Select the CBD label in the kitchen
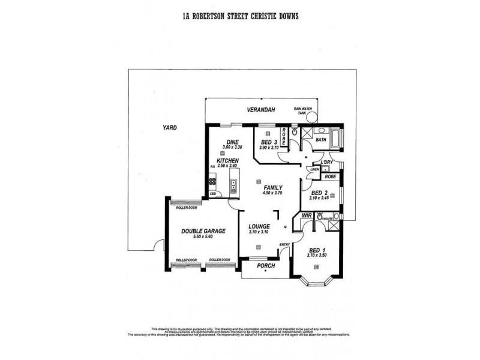coord(212,194)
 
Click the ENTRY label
coord(284,244)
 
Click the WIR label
coord(307,215)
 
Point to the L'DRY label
coord(327,163)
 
